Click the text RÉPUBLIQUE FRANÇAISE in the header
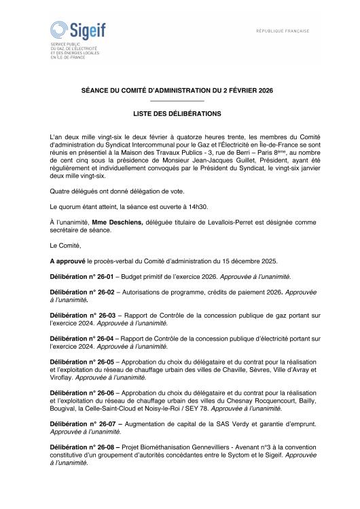point(283,31)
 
